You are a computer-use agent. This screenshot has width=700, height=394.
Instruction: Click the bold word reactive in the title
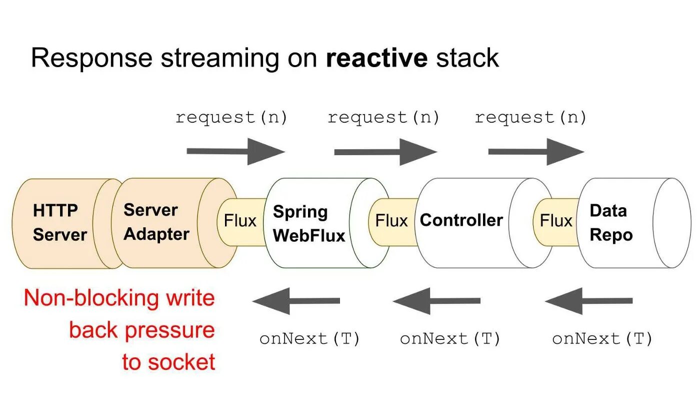click(x=376, y=58)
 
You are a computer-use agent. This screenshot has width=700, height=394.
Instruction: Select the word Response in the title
click(x=91, y=58)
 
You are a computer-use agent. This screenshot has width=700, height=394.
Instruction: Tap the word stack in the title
click(x=467, y=58)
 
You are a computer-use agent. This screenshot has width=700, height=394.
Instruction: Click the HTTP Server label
click(x=60, y=222)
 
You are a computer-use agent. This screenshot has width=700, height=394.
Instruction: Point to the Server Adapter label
click(x=156, y=222)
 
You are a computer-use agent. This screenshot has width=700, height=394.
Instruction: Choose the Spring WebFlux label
click(x=309, y=223)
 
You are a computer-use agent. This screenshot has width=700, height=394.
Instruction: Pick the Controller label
click(x=461, y=220)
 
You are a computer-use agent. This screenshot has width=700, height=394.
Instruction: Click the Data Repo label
click(x=611, y=223)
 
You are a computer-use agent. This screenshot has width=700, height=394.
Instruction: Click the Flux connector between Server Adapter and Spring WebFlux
click(x=240, y=221)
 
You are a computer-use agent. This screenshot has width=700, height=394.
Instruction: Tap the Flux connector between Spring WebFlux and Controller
click(x=391, y=221)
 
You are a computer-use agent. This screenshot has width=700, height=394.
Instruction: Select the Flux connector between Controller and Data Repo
click(x=555, y=221)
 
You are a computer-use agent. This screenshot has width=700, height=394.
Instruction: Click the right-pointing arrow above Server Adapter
click(x=235, y=151)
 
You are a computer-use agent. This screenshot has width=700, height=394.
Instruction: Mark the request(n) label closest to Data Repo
click(x=530, y=118)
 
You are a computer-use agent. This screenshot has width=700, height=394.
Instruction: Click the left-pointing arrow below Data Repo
click(x=588, y=301)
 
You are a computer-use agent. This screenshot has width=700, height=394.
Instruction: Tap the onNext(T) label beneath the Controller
click(x=450, y=339)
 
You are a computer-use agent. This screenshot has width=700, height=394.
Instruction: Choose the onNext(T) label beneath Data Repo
click(x=602, y=339)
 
